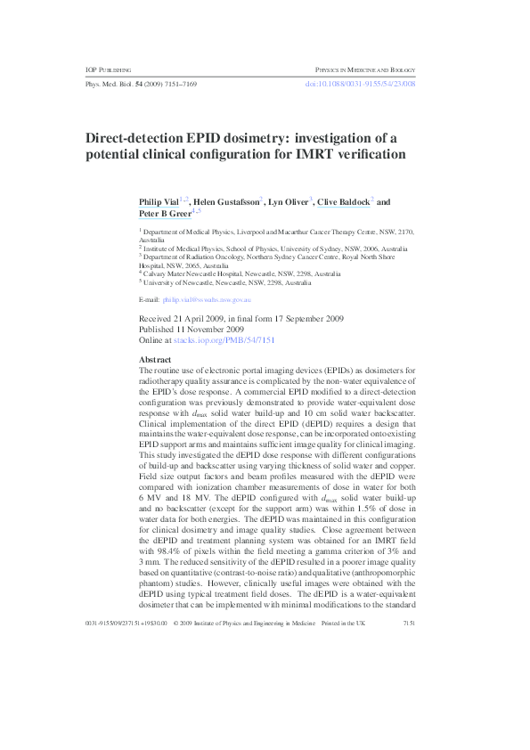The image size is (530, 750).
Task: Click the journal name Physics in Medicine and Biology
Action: (x=365, y=69)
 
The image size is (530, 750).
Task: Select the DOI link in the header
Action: (x=361, y=84)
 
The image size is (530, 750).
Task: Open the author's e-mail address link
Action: (x=207, y=300)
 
